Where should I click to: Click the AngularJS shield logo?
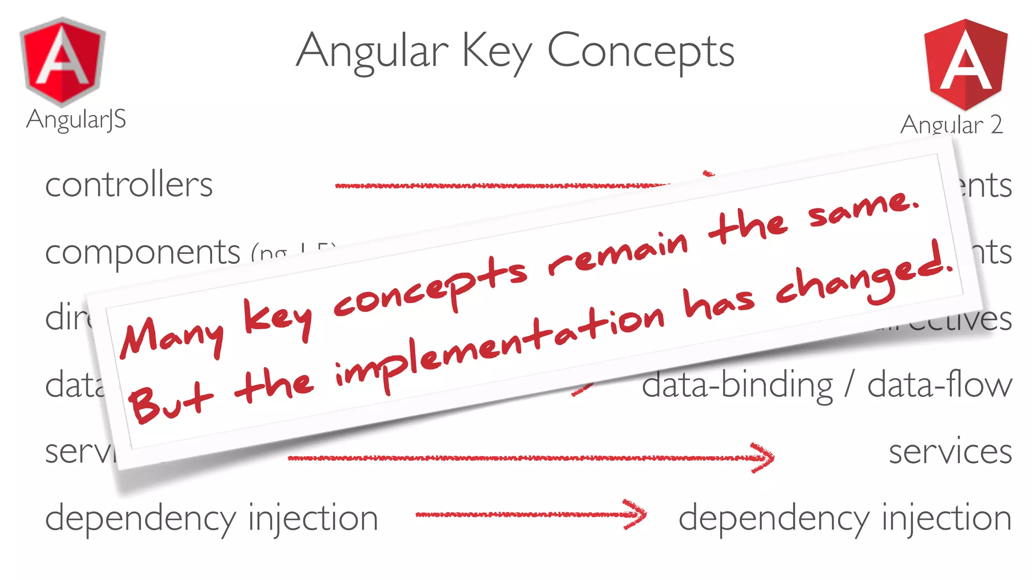[62, 62]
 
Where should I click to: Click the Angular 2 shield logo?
[965, 64]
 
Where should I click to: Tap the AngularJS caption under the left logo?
[76, 120]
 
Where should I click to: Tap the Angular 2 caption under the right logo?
[951, 124]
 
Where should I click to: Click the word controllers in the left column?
[129, 185]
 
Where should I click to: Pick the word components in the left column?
[143, 252]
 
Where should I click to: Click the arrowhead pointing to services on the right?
[763, 457]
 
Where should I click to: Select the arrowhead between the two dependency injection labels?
[635, 514]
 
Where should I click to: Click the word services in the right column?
[950, 452]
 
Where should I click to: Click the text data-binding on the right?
[737, 386]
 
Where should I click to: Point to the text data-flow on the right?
[939, 385]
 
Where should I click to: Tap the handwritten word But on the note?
[169, 400]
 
